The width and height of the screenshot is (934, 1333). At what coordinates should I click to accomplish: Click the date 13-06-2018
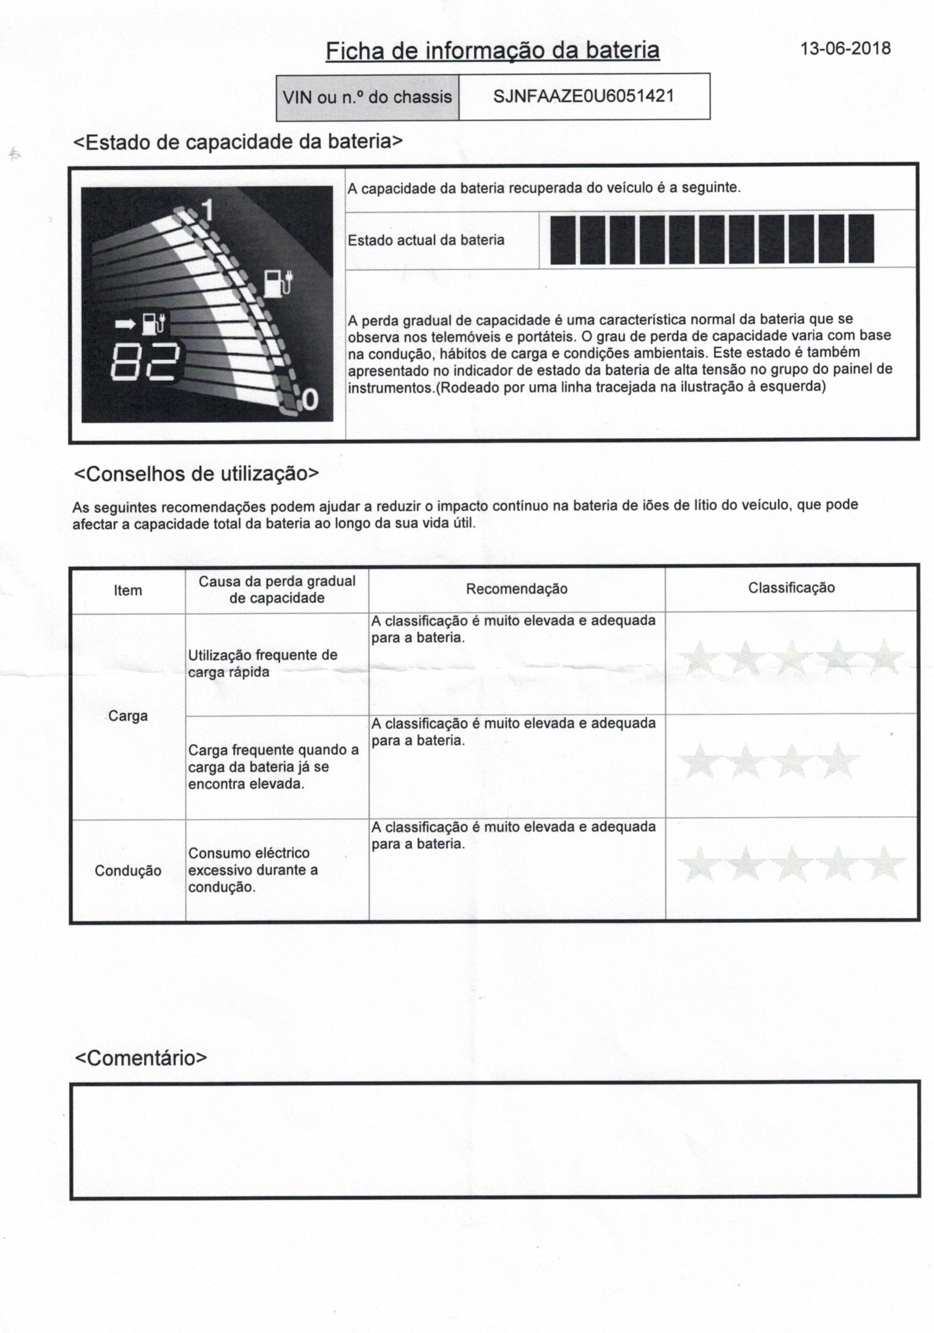[x=845, y=49]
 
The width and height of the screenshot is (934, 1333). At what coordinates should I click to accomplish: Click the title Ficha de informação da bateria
[x=492, y=51]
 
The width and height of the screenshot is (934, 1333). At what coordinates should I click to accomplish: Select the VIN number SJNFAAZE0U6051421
[x=583, y=97]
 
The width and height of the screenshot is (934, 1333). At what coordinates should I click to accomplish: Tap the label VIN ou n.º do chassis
[x=367, y=98]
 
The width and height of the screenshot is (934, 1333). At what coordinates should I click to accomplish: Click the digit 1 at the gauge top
[x=208, y=210]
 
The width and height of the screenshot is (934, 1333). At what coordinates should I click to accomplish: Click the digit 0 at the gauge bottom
[x=310, y=399]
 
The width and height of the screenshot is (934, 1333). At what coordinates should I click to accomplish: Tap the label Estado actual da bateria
[x=426, y=240]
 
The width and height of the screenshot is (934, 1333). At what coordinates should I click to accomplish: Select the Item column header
[x=128, y=590]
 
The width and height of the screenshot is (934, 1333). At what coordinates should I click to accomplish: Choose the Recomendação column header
[x=516, y=589]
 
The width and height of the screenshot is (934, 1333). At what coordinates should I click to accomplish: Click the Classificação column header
[x=791, y=588]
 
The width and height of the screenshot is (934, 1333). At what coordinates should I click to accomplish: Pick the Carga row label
[x=128, y=716]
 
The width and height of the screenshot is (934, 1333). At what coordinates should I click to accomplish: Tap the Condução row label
[x=128, y=871]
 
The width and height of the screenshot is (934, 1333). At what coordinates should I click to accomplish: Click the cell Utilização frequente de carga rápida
[x=262, y=663]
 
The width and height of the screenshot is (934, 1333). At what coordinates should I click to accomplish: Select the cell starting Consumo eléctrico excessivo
[x=253, y=870]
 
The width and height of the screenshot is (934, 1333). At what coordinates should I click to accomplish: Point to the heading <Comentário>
[x=141, y=1058]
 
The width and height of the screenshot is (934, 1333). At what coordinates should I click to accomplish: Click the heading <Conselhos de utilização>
[x=197, y=474]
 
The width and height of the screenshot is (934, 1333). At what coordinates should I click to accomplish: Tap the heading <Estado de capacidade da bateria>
[x=238, y=142]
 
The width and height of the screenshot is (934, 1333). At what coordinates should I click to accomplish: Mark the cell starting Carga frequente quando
[x=273, y=767]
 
